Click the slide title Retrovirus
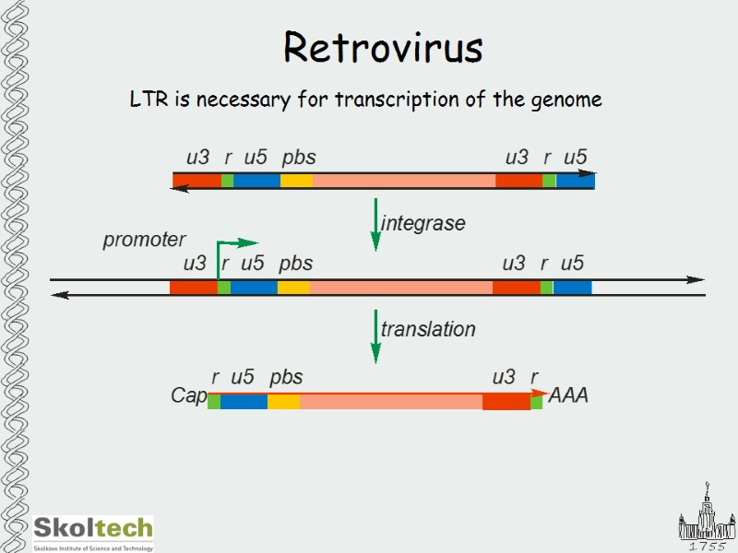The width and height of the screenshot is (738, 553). click(383, 48)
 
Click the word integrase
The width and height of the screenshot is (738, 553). click(423, 223)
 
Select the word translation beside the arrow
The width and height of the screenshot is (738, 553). click(428, 329)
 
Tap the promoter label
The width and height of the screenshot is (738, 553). click(144, 241)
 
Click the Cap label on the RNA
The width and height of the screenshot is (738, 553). click(189, 395)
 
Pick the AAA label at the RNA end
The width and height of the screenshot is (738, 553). click(568, 396)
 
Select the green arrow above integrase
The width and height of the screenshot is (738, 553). click(375, 223)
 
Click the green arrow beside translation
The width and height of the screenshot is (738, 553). click(375, 335)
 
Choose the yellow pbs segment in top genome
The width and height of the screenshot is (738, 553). click(296, 181)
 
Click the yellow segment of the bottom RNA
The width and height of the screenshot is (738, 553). click(283, 402)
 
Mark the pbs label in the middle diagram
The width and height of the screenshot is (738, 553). click(295, 264)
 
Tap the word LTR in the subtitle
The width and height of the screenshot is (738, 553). click(146, 100)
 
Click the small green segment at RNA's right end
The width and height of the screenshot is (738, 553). click(536, 402)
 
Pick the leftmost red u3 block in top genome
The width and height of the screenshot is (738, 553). click(196, 181)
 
